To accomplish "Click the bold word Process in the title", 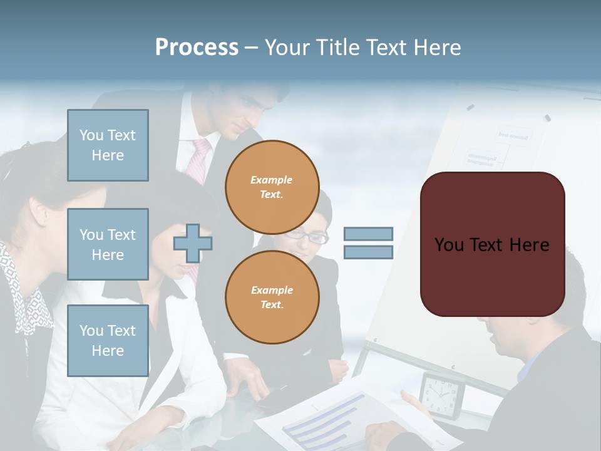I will [x=197, y=48].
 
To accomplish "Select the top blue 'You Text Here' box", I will [x=108, y=145].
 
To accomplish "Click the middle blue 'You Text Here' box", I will [x=108, y=244].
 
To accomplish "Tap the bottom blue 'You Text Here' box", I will [x=108, y=341].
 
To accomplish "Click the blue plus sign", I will [x=193, y=243].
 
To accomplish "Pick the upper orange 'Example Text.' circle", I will [x=272, y=187].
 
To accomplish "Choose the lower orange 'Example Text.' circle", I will [x=272, y=297].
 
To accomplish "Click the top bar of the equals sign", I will [x=368, y=234].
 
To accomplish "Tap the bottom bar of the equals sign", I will [x=368, y=252].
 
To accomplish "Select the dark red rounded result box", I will [x=492, y=244].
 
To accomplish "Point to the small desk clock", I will [x=442, y=395].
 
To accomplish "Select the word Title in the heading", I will [x=337, y=48].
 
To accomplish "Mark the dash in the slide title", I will [x=251, y=48].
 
